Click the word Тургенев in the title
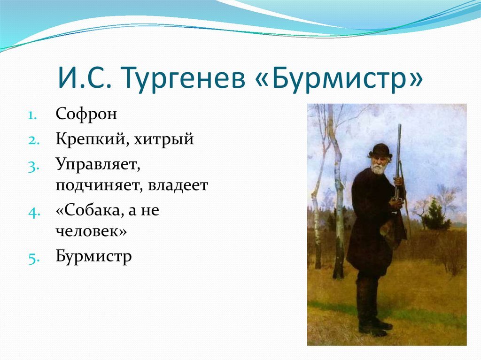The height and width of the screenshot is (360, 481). point(183,78)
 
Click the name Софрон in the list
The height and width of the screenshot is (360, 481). point(86,114)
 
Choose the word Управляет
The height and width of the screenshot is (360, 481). point(98,165)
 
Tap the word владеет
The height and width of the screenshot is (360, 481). point(178,185)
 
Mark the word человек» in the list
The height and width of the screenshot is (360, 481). point(91,231)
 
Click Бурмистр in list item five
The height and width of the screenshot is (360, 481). point(93,256)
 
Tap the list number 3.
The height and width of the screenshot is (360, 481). point(33,167)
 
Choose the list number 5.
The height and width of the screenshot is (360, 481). point(34,259)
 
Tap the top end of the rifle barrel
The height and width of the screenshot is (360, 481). point(400,125)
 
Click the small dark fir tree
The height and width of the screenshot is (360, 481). point(434,214)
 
